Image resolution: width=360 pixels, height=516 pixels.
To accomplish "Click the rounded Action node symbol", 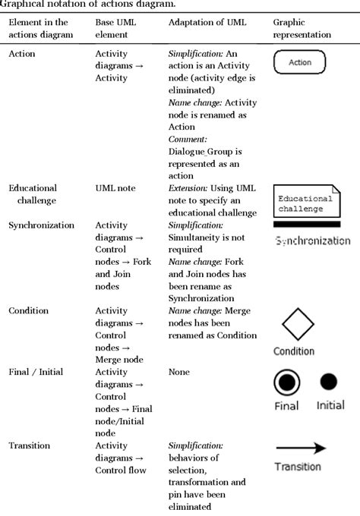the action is tap(299, 62).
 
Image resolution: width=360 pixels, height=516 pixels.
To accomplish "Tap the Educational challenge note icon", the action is tap(305, 202).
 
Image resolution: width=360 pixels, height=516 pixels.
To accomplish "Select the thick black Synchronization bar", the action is tap(306, 225).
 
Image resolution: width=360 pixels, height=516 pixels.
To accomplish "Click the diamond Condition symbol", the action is tap(298, 324).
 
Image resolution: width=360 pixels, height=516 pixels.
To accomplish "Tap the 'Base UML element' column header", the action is tap(116, 29).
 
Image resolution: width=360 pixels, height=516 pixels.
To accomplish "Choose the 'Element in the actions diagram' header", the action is tap(41, 29).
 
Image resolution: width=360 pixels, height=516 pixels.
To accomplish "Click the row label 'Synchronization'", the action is tap(41, 225).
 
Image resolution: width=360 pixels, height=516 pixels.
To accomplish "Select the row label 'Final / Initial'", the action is tap(36, 372).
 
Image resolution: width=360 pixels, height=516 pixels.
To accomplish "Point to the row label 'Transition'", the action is tap(30, 445).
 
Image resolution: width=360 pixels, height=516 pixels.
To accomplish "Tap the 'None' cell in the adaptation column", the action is tap(179, 372).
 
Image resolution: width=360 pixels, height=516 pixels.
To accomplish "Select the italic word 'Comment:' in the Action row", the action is tap(188, 140).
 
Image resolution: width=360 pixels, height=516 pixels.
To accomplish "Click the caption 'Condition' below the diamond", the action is tap(294, 351).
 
